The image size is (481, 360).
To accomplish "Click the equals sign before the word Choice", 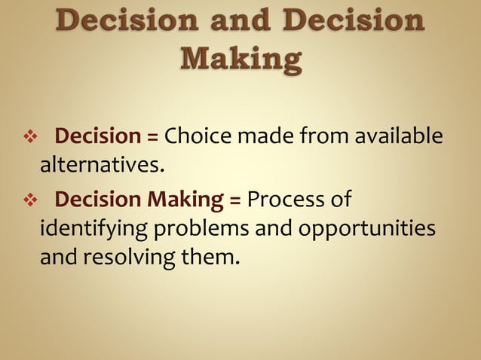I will tap(152, 138).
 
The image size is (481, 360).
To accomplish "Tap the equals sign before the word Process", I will tap(234, 201).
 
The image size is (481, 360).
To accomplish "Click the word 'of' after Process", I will tap(340, 201).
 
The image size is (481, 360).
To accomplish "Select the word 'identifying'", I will tap(85, 228).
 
